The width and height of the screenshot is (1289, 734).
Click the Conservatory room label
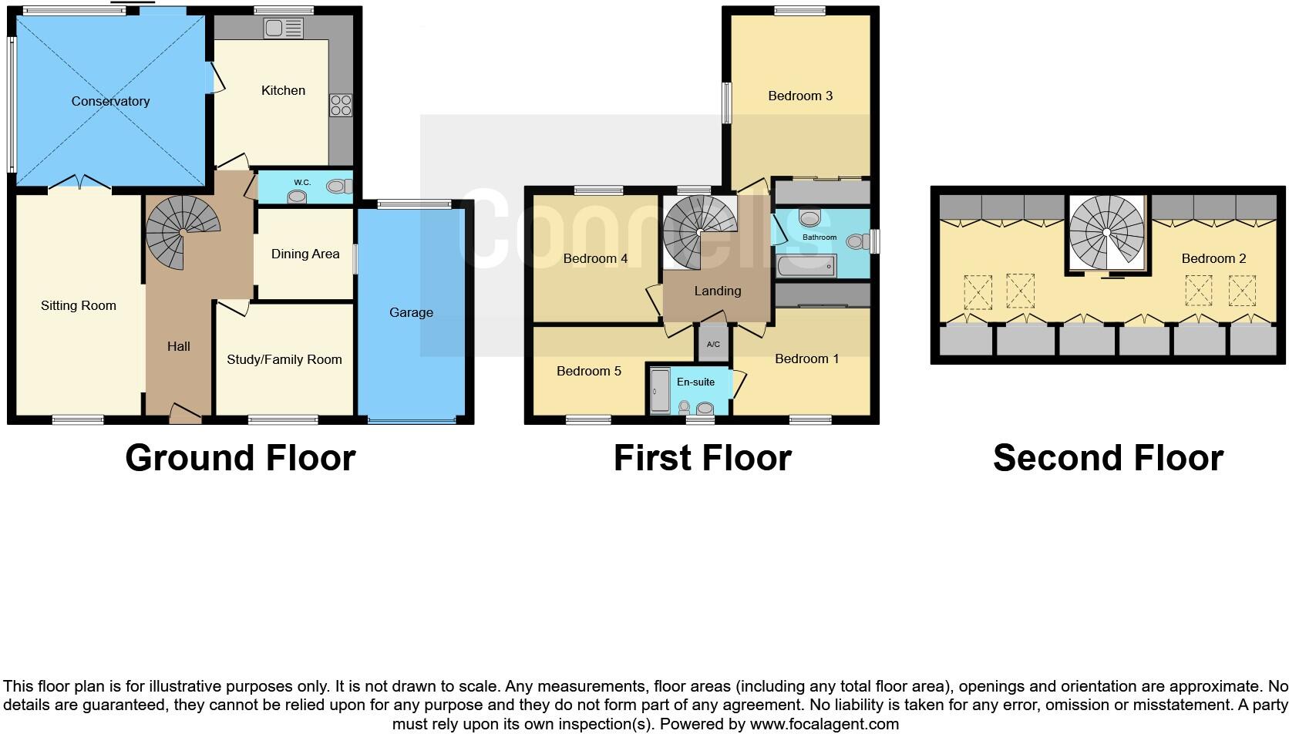pyautogui.click(x=110, y=102)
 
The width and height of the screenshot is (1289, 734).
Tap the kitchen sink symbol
pyautogui.click(x=283, y=29)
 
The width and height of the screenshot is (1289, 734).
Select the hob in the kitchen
pyautogui.click(x=341, y=105)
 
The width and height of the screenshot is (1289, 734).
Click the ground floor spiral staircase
pyautogui.click(x=182, y=231)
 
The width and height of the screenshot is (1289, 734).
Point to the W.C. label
pyautogui.click(x=302, y=183)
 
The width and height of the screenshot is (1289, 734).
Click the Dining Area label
pyautogui.click(x=305, y=254)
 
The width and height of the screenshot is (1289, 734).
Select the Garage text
pyautogui.click(x=411, y=312)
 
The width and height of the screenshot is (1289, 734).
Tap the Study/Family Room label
pyautogui.click(x=284, y=359)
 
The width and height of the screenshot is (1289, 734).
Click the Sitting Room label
pyautogui.click(x=79, y=306)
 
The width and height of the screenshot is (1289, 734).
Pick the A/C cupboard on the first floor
pyautogui.click(x=713, y=344)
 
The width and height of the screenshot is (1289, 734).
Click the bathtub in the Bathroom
pyautogui.click(x=806, y=266)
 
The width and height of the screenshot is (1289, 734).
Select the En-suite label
pyautogui.click(x=695, y=382)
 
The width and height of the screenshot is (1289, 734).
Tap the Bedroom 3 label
pyautogui.click(x=800, y=96)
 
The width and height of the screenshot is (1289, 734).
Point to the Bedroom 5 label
pyautogui.click(x=589, y=372)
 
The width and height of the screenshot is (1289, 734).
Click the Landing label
pyautogui.click(x=718, y=291)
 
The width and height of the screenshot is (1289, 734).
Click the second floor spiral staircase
pyautogui.click(x=1106, y=232)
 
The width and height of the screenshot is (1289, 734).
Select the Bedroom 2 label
pyautogui.click(x=1213, y=259)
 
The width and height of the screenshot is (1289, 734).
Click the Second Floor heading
pyautogui.click(x=1108, y=458)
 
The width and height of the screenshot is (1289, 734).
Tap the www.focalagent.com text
pyautogui.click(x=824, y=724)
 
